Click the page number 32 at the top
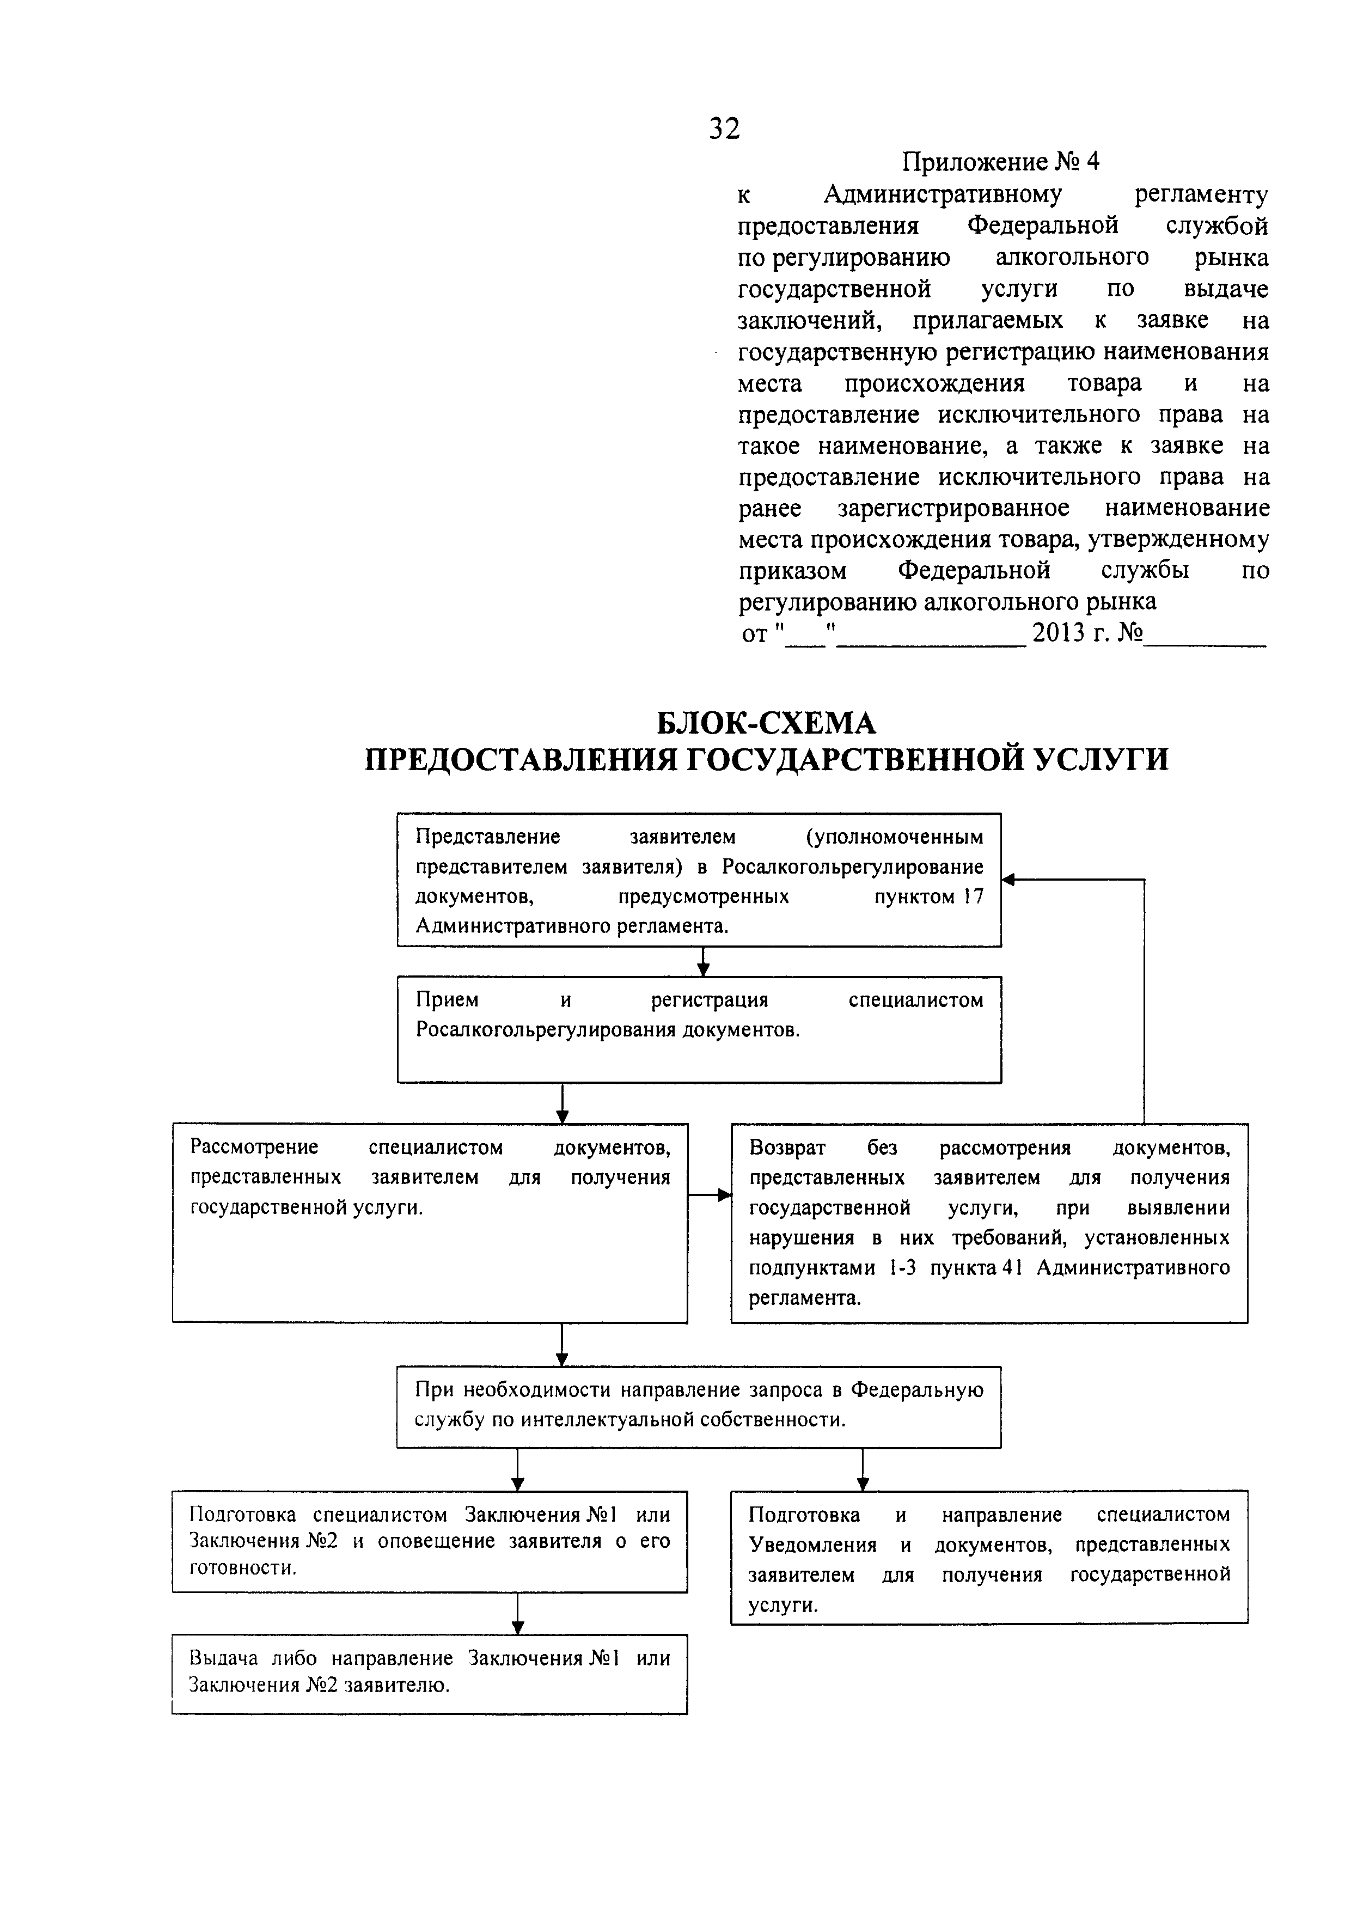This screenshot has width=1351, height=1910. click(x=724, y=129)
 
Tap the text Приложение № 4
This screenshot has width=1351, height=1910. click(x=1001, y=161)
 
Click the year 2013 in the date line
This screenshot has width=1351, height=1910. click(x=1059, y=634)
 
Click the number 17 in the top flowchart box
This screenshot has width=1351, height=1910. click(x=973, y=897)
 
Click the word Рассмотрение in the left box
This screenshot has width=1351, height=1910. click(x=254, y=1147)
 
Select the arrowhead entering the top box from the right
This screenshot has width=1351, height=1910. click(x=1007, y=880)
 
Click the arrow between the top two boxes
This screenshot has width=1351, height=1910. click(x=703, y=963)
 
